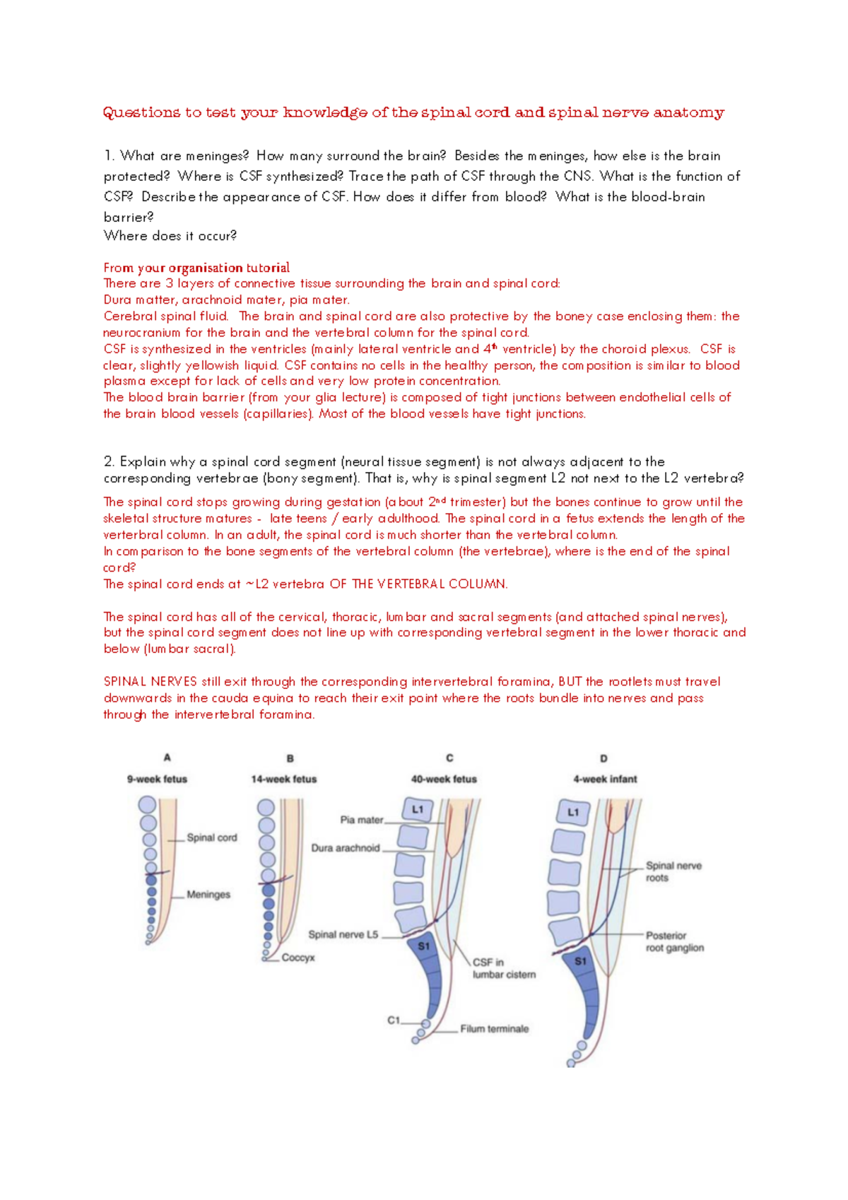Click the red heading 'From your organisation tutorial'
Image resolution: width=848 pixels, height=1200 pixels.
click(196, 268)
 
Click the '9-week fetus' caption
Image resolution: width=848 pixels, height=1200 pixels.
click(157, 779)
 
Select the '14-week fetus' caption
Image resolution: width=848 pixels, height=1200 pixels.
click(284, 779)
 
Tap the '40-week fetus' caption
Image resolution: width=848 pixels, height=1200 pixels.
click(444, 779)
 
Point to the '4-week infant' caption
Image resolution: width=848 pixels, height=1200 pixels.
click(605, 779)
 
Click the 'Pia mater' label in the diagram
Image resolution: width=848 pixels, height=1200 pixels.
click(362, 820)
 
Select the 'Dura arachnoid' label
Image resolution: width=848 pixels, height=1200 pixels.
click(346, 847)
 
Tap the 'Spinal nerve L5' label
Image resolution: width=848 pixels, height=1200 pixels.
click(343, 934)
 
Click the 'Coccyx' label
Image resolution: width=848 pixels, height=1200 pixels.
click(298, 958)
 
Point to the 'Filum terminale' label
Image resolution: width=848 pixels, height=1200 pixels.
click(495, 1028)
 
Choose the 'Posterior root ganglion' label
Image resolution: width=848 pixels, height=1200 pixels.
click(674, 941)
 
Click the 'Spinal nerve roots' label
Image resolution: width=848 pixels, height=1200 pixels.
click(673, 871)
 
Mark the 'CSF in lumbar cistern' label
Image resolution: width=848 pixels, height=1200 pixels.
click(504, 968)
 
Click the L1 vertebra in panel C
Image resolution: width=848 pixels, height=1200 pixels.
click(418, 810)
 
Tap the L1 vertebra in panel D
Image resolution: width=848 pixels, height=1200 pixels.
click(573, 813)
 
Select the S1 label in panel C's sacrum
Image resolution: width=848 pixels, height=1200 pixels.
click(423, 946)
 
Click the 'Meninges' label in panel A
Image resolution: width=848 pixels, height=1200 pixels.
click(208, 894)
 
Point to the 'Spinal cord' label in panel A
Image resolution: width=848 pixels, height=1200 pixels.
click(212, 837)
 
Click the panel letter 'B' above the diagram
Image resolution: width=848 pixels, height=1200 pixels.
click(290, 758)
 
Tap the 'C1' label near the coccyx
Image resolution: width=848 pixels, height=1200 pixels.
click(394, 1020)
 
